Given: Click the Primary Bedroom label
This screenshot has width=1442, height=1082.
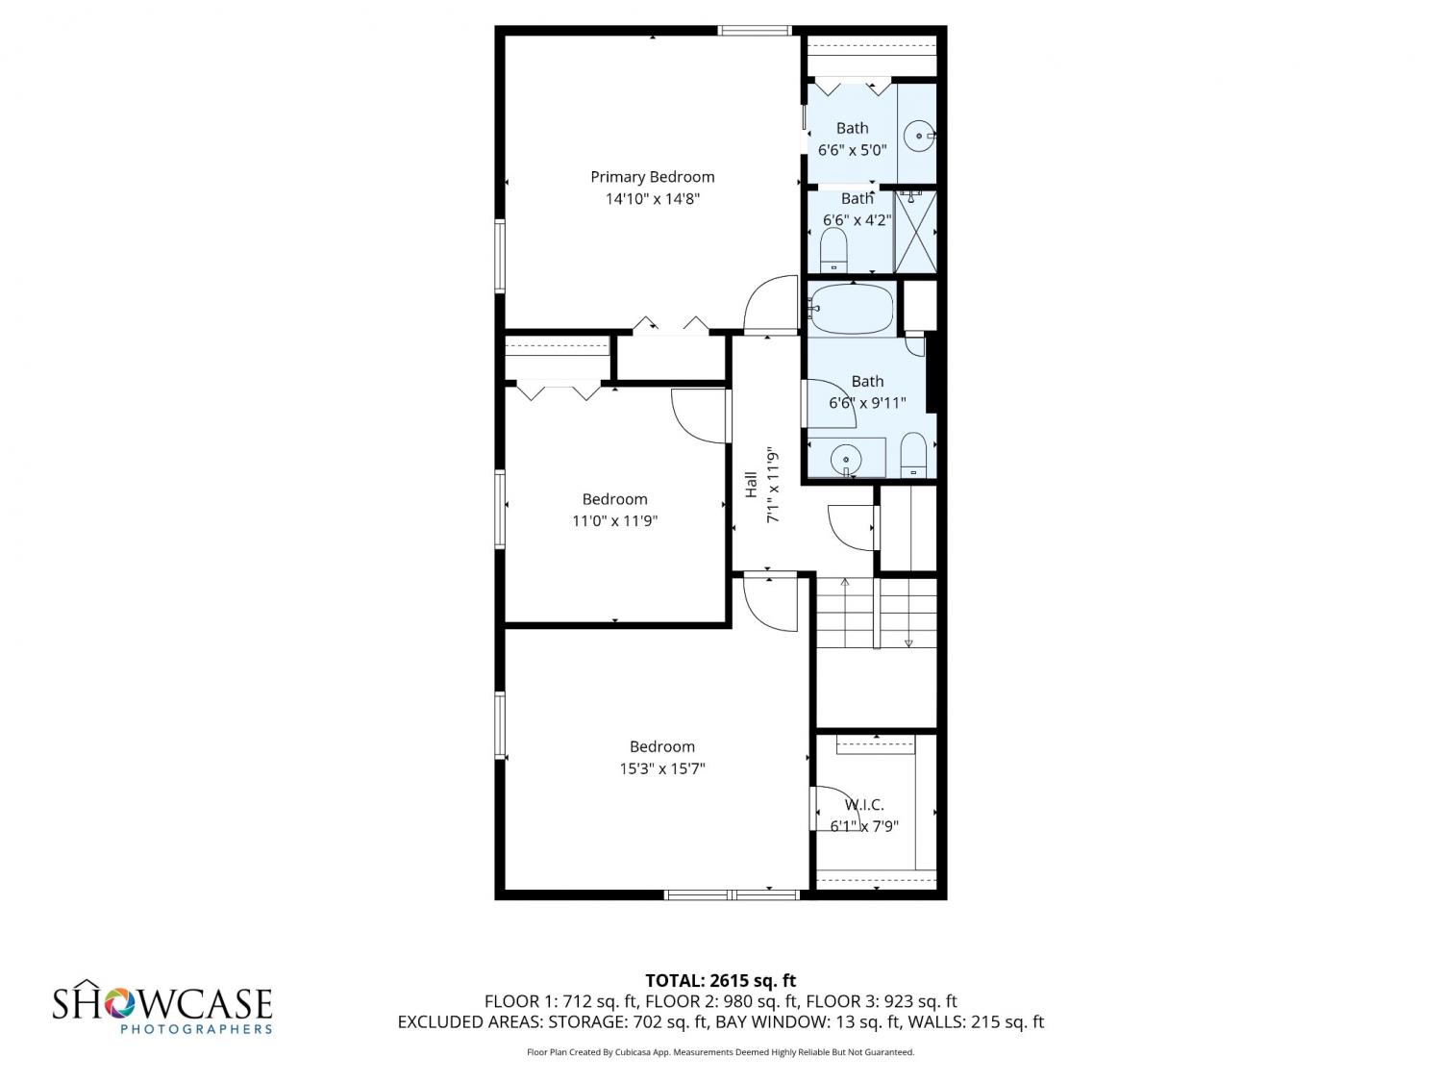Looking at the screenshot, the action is (652, 177).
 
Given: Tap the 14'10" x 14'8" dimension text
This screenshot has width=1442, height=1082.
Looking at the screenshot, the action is (652, 198).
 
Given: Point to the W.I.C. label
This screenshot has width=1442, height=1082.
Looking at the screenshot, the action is (863, 804).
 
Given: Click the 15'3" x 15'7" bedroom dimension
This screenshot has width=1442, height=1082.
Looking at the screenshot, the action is (661, 767).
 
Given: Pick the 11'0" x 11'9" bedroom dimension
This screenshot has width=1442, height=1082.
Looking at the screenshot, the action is (614, 521).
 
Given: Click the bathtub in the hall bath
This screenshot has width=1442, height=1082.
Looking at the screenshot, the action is (852, 308).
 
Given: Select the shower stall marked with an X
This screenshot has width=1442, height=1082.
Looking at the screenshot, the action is (916, 231).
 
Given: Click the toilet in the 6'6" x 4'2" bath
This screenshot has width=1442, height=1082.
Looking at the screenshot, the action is (833, 250).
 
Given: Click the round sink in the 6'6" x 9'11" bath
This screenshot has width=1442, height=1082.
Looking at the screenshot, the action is (846, 459).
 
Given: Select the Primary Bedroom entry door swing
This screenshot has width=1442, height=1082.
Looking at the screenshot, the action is (770, 303).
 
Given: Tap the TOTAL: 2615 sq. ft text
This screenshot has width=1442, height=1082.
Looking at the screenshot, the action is (720, 981).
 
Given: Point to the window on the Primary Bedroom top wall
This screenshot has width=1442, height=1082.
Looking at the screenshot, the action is (755, 30).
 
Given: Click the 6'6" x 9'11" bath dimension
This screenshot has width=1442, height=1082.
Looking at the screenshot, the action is (867, 403).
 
